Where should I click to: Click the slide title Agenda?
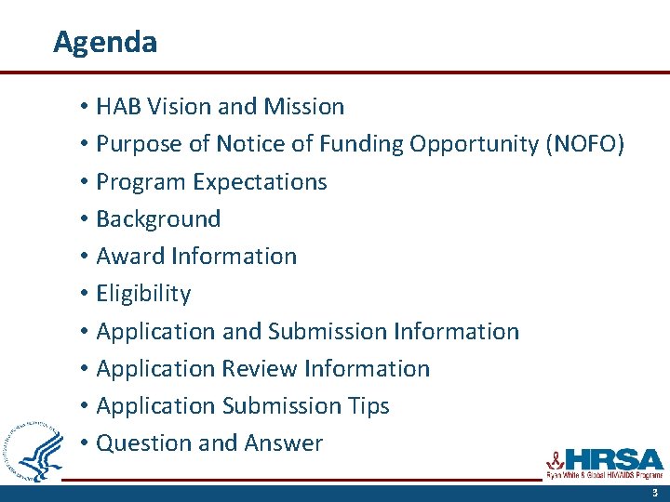[105, 42]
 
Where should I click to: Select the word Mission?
[304, 107]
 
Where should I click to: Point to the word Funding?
[364, 144]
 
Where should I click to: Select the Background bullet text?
[158, 219]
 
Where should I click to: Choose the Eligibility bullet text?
[143, 294]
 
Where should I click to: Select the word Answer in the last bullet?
[284, 443]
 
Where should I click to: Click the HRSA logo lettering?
[614, 460]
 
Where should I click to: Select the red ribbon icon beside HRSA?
[555, 458]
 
